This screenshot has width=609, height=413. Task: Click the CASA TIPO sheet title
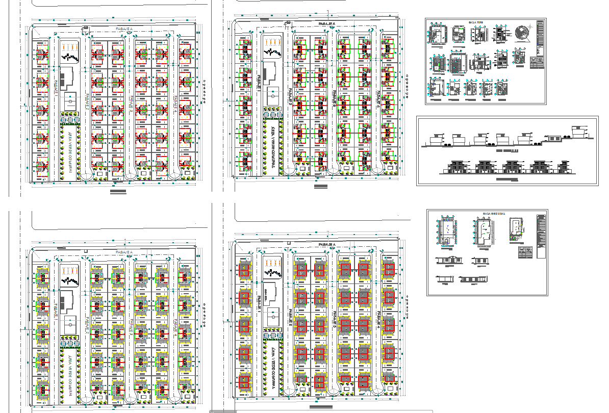click(476, 23)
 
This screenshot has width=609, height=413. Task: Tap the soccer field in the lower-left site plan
click(69, 323)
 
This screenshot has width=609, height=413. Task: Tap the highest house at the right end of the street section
click(578, 132)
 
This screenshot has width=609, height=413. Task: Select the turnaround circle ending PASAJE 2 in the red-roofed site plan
click(290, 390)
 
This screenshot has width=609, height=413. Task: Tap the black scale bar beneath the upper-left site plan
click(118, 191)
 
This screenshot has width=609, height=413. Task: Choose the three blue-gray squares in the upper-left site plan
click(70, 121)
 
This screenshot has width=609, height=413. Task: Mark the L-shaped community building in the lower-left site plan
click(65, 301)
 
